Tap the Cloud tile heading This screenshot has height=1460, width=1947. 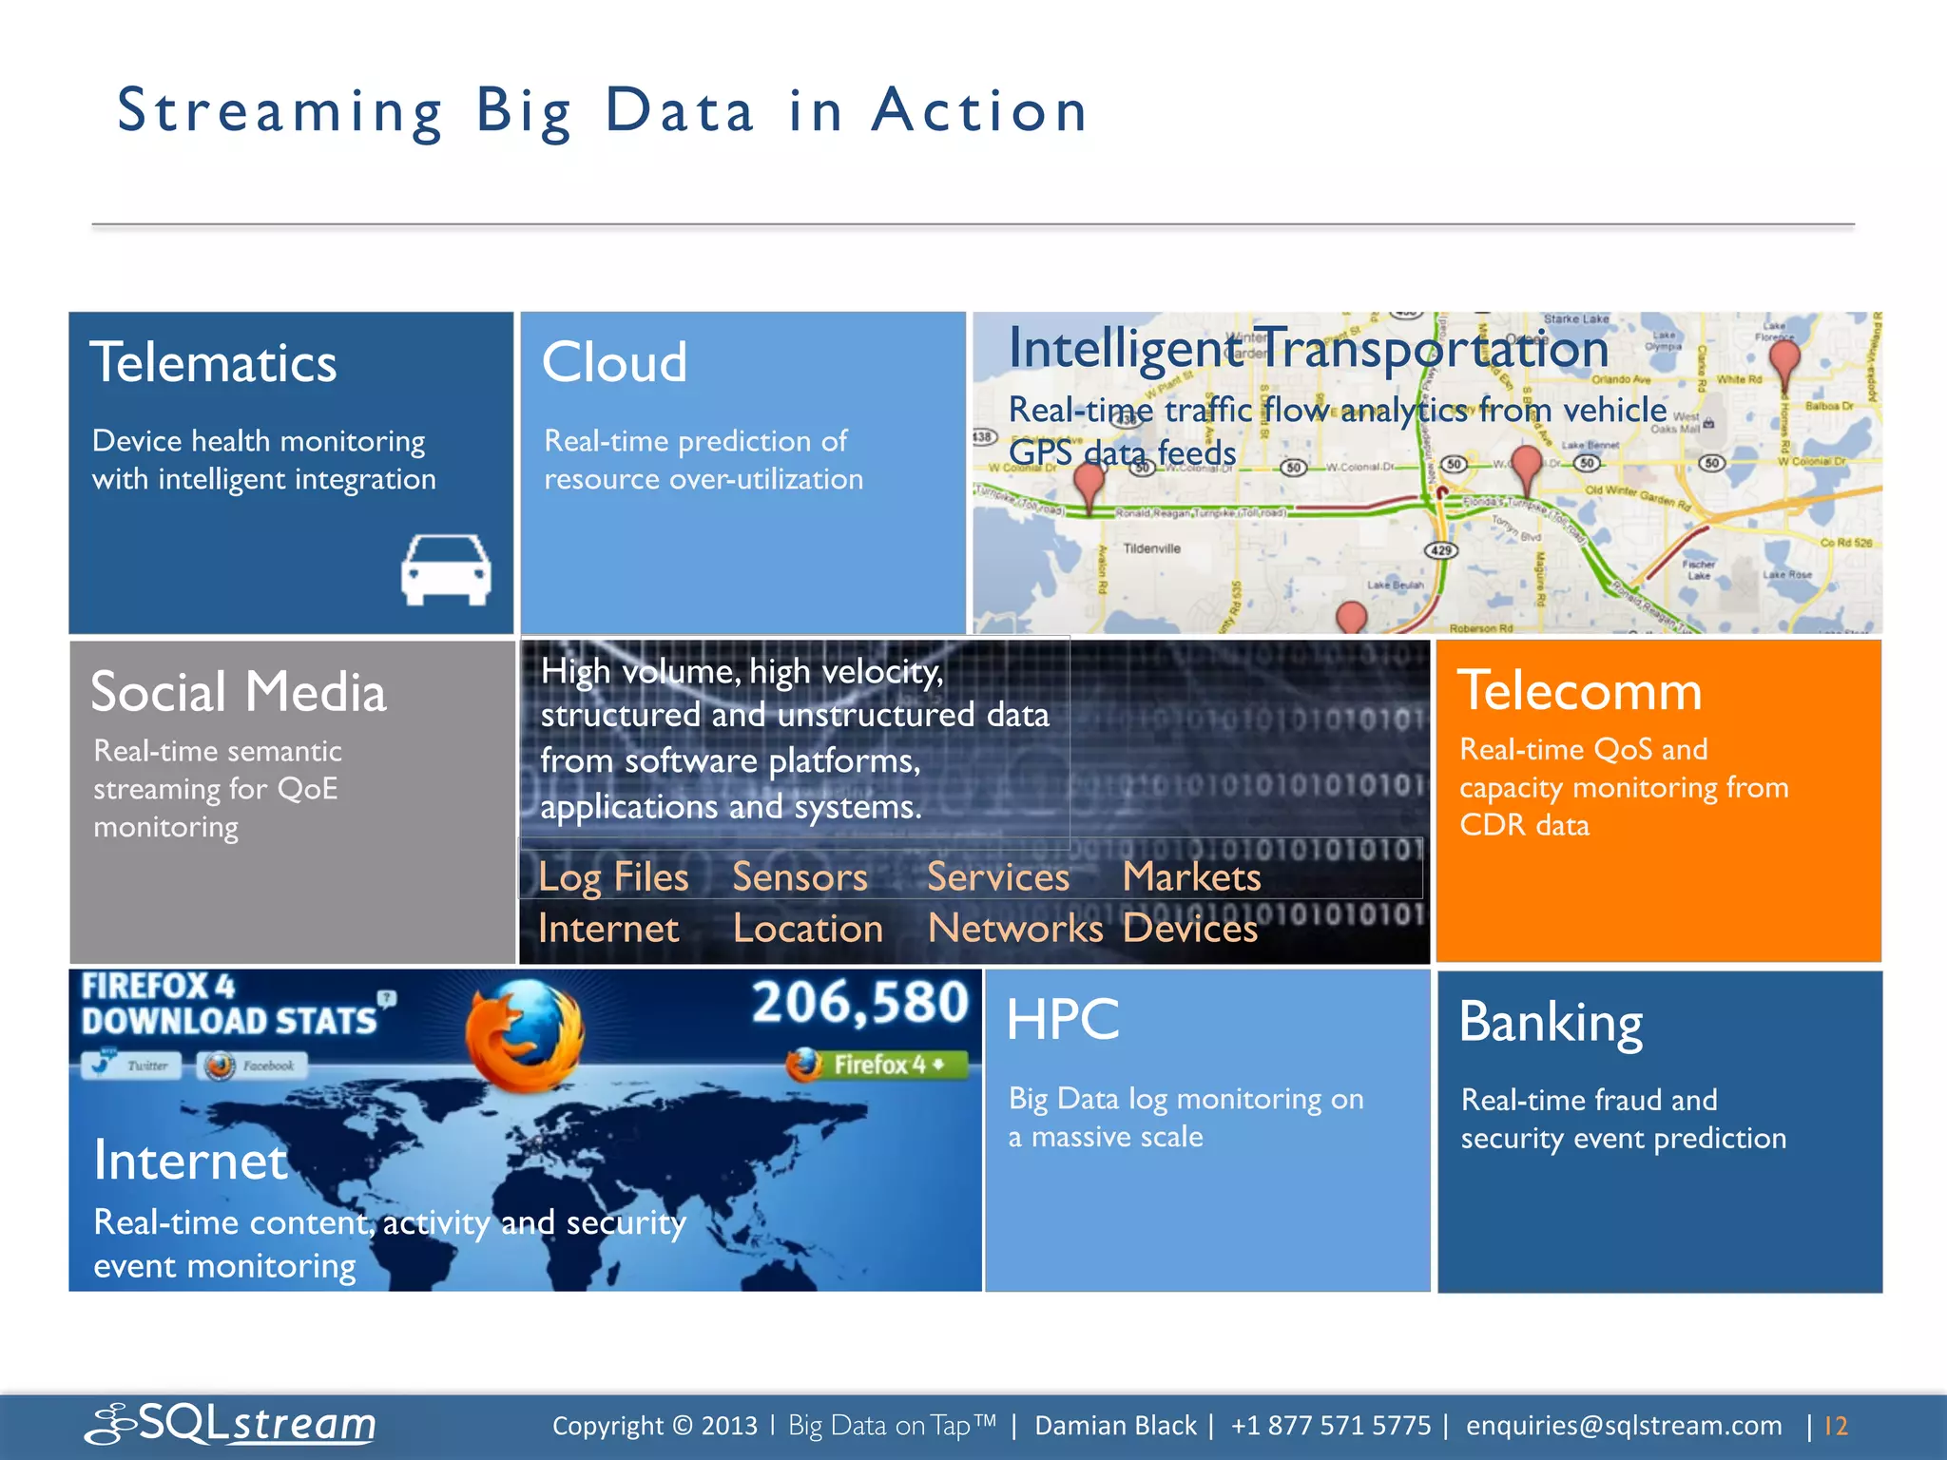pyautogui.click(x=614, y=362)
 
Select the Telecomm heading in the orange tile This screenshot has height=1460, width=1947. pyautogui.click(x=1579, y=691)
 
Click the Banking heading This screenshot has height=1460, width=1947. pyautogui.click(x=1551, y=1023)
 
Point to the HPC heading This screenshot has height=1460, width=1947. pyautogui.click(x=1062, y=1020)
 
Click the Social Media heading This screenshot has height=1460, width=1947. pyautogui.click(x=239, y=692)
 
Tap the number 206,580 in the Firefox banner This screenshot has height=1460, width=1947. pyautogui.click(x=859, y=1004)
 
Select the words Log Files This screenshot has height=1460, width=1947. pyautogui.click(x=613, y=876)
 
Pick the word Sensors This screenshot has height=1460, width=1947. pyautogui.click(x=800, y=876)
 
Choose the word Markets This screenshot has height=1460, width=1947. pyautogui.click(x=1191, y=876)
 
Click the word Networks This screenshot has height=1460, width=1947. pyautogui.click(x=1014, y=928)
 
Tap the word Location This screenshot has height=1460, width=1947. pyautogui.click(x=808, y=928)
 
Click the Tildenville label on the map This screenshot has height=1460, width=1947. pyautogui.click(x=1151, y=548)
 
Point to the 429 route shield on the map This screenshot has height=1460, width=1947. pyautogui.click(x=1441, y=550)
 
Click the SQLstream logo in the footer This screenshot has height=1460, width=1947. pyautogui.click(x=231, y=1424)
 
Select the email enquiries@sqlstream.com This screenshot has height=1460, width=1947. pyautogui.click(x=1624, y=1426)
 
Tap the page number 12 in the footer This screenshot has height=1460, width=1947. pyautogui.click(x=1836, y=1426)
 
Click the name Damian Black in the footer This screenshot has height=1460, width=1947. pyautogui.click(x=1115, y=1426)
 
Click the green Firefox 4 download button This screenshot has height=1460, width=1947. pyautogui.click(x=877, y=1065)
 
